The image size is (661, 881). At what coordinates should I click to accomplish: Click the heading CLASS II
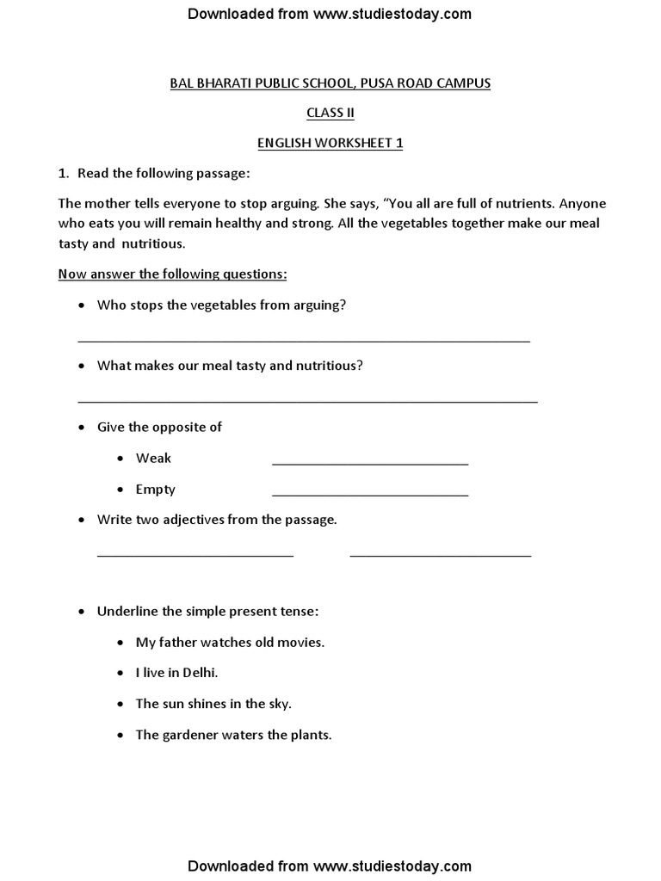330,114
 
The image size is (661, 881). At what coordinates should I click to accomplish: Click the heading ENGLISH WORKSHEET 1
330,144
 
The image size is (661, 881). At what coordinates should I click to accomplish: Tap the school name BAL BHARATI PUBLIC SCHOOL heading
330,83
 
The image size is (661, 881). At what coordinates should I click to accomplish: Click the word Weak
153,459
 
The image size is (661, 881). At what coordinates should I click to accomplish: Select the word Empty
155,490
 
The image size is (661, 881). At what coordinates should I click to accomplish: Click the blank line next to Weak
370,463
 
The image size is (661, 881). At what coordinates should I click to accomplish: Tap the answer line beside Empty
370,494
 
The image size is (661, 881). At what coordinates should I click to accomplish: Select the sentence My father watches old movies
230,642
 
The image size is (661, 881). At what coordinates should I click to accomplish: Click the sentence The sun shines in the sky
213,704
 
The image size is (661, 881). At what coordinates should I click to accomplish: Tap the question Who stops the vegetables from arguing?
222,305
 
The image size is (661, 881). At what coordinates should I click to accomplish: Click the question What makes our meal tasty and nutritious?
230,366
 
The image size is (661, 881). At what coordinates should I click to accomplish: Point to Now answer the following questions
172,274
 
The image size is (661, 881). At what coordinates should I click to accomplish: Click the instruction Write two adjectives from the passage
217,520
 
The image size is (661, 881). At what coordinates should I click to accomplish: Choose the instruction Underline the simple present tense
207,612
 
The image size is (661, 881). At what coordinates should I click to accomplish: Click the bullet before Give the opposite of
82,428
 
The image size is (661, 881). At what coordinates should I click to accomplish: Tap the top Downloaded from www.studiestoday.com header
330,14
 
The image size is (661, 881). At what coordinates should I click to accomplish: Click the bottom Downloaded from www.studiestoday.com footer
330,866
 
